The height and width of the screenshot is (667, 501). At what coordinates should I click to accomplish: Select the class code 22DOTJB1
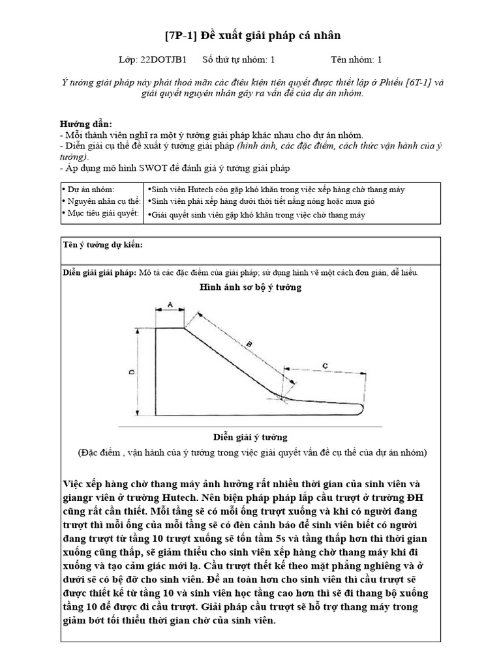click(x=164, y=59)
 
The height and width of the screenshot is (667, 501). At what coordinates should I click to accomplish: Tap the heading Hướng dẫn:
click(x=86, y=124)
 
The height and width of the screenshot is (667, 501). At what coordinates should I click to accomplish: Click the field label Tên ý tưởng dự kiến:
click(x=102, y=245)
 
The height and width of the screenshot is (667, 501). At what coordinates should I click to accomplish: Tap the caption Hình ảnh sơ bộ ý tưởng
click(x=250, y=287)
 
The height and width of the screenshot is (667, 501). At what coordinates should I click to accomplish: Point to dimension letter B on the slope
click(x=249, y=343)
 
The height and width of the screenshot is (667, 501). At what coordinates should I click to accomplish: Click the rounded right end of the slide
click(x=361, y=409)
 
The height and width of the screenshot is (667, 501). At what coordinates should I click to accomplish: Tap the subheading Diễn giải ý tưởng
click(x=250, y=436)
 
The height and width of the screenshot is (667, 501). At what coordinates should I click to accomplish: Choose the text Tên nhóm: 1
click(x=357, y=59)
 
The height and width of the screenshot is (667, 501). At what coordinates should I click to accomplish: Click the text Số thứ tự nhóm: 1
click(x=239, y=59)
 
